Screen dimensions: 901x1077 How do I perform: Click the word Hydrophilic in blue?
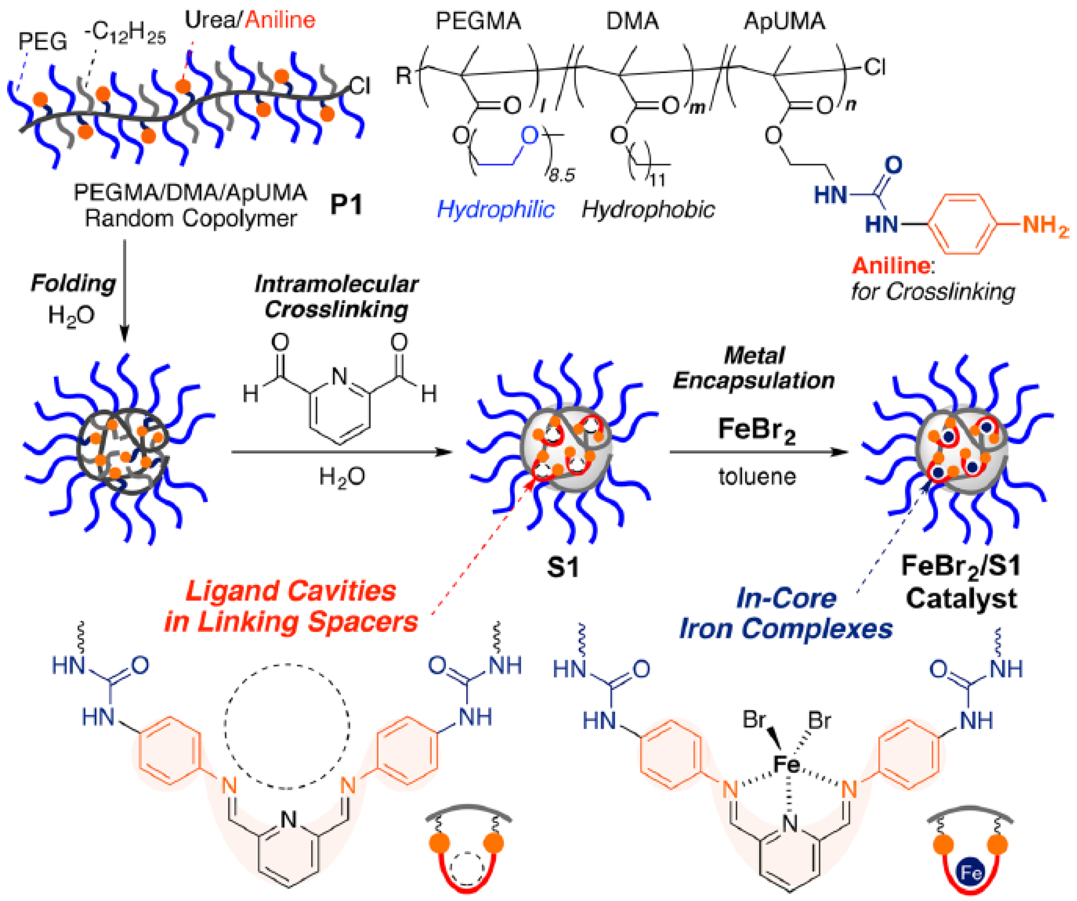tap(496, 209)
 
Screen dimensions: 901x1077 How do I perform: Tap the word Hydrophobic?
tap(648, 209)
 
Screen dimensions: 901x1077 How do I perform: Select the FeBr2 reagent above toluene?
tap(756, 430)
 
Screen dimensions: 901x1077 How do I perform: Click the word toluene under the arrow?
tap(757, 477)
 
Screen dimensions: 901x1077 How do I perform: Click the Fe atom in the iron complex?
tap(786, 764)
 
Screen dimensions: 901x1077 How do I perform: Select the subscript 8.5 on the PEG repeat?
tap(561, 176)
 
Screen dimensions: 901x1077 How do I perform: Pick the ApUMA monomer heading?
tap(784, 22)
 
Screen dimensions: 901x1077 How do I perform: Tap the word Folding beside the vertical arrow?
tap(73, 284)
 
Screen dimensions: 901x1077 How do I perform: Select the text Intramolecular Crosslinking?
tap(336, 296)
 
